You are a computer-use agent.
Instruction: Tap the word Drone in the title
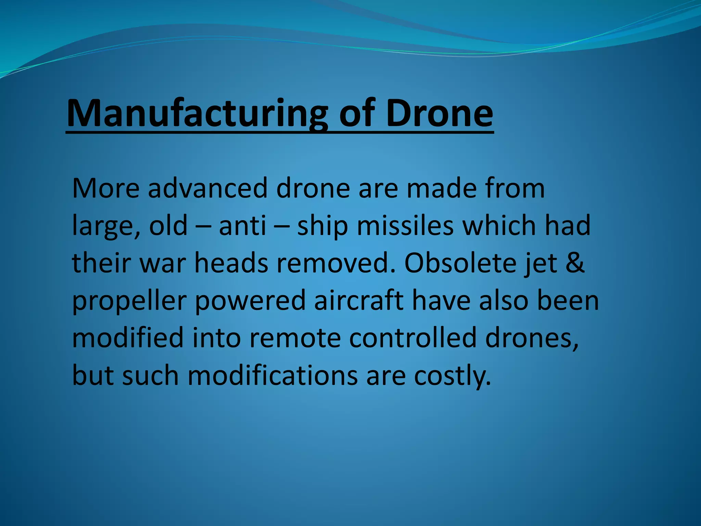439,113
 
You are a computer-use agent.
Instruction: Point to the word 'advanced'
207,188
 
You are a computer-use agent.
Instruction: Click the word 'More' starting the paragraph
106,188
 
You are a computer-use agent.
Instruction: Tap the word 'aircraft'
358,300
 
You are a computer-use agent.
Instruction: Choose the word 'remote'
295,338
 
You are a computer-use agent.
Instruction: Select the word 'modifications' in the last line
272,375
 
